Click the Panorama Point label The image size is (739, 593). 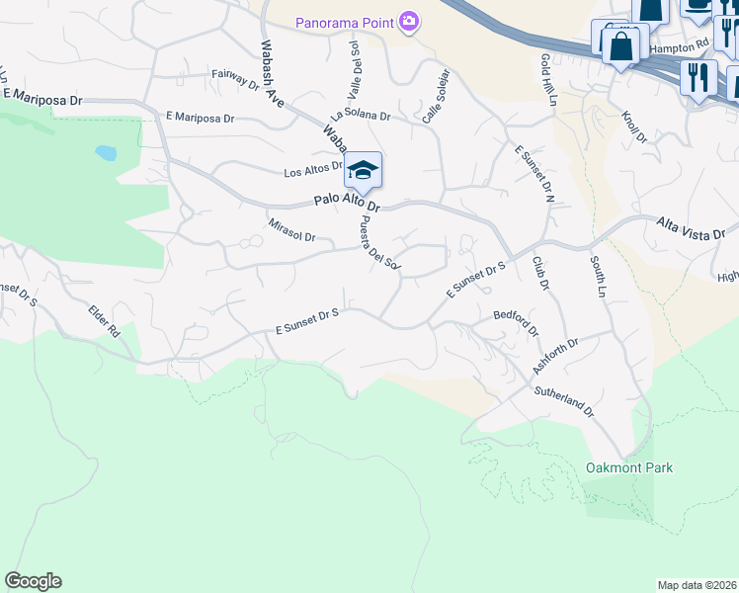click(x=345, y=22)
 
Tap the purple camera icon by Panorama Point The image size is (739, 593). click(x=407, y=22)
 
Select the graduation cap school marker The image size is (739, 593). click(x=363, y=171)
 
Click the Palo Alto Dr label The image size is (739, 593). click(x=347, y=201)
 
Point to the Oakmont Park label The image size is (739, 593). click(x=629, y=467)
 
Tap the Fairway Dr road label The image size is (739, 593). click(x=235, y=79)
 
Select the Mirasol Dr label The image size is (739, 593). click(x=291, y=230)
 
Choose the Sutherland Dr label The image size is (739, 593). click(x=563, y=399)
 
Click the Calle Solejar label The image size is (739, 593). click(x=436, y=97)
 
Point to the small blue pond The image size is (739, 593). click(x=105, y=153)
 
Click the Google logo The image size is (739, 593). click(x=33, y=581)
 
